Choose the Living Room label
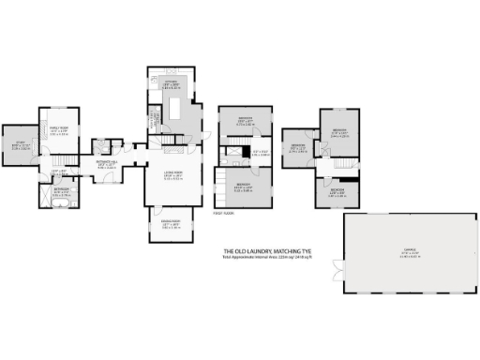pyautogui.click(x=173, y=176)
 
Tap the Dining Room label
pyautogui.click(x=170, y=224)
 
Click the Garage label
pyautogui.click(x=410, y=250)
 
